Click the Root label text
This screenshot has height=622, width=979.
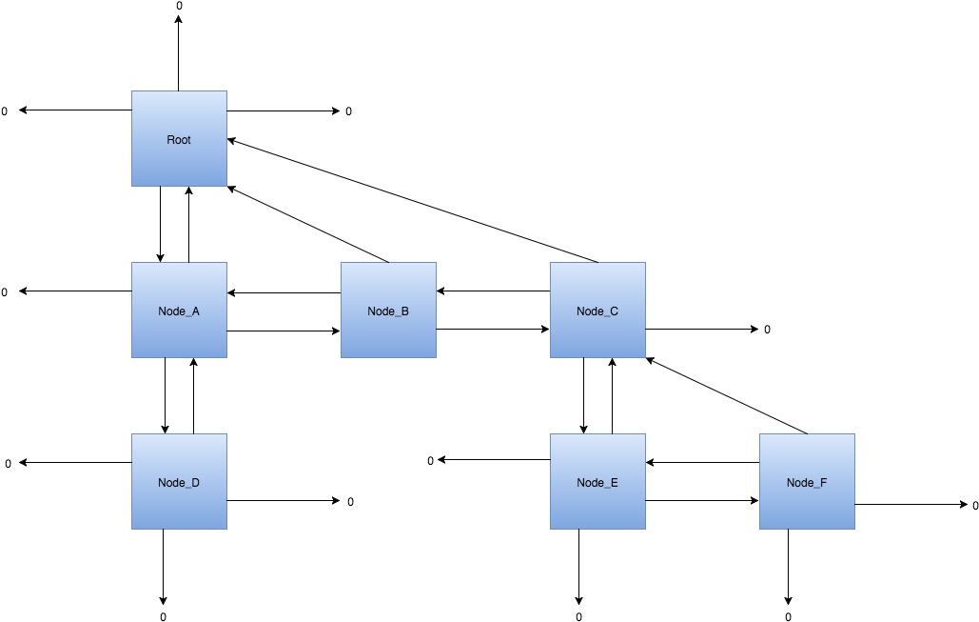179,140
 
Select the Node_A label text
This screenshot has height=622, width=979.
179,311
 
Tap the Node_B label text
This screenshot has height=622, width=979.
388,311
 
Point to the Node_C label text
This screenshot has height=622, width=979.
597,311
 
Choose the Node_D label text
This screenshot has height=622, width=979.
179,483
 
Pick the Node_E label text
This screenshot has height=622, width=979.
597,483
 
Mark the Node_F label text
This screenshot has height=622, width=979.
807,483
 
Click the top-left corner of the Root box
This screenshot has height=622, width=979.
131,91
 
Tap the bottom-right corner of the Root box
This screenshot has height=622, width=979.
226,186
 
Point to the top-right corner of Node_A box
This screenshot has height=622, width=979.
226,263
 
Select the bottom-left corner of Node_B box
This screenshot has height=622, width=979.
342,357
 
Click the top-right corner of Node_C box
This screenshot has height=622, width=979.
645,263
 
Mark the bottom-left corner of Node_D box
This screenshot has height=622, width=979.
131,529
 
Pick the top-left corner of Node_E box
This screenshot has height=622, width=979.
551,434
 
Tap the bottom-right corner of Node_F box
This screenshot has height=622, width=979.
854,529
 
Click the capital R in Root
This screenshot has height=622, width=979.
170,140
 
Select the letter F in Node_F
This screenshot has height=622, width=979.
823,483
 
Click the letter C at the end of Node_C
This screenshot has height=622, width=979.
614,311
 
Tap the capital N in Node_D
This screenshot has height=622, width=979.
162,483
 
